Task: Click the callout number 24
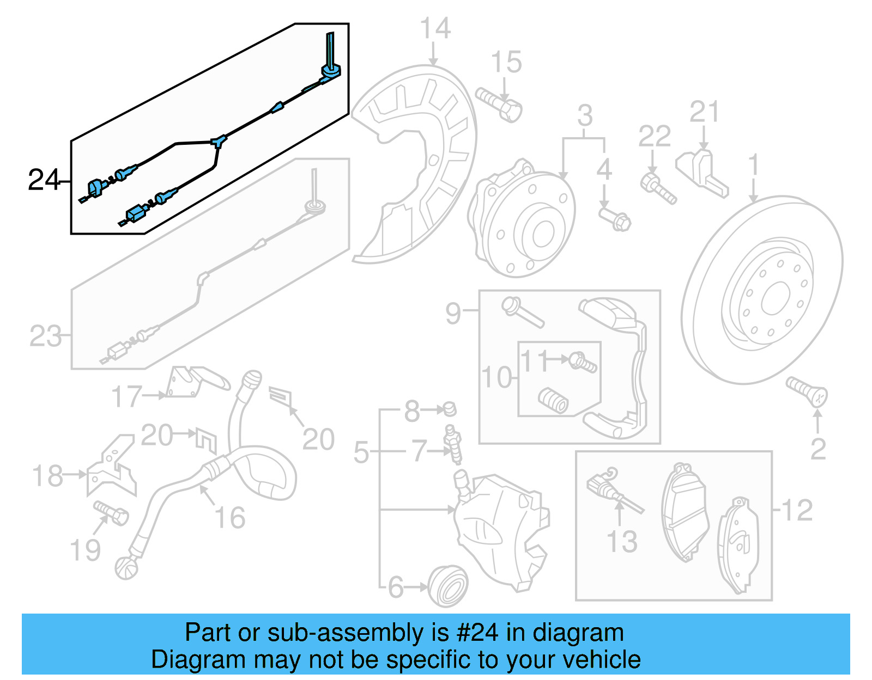tap(44, 180)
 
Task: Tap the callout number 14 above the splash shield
tap(435, 28)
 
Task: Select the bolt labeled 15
tap(499, 105)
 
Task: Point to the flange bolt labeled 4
tap(615, 219)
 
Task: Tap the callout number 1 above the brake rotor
tap(753, 164)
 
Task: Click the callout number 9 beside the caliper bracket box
tap(453, 314)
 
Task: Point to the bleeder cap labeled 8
tap(449, 408)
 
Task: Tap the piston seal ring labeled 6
tap(448, 586)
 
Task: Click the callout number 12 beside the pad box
tap(797, 510)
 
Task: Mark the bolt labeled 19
tap(111, 512)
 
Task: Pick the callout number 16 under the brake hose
tap(229, 517)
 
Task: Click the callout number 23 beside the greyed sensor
tap(46, 336)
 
